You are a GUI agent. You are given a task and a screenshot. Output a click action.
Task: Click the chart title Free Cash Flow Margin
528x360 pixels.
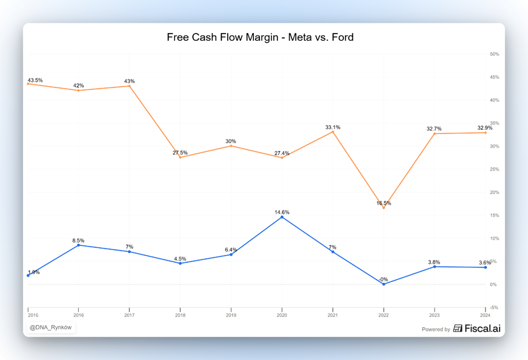pyautogui.click(x=260, y=37)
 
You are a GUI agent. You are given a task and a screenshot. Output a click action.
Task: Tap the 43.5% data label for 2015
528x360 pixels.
pyautogui.click(x=35, y=80)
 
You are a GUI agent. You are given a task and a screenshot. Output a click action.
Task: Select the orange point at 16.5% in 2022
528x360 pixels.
pyautogui.click(x=384, y=208)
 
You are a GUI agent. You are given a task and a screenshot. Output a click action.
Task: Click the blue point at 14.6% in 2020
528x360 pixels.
pyautogui.click(x=282, y=217)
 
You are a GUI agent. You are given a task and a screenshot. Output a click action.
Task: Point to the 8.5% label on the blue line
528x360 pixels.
pyautogui.click(x=78, y=240)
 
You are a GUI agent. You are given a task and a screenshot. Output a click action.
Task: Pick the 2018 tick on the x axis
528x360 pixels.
pyautogui.click(x=180, y=316)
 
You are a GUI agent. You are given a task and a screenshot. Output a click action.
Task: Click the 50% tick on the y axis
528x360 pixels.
pyautogui.click(x=494, y=54)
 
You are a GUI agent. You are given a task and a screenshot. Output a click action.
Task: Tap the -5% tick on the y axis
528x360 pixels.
pyautogui.click(x=494, y=307)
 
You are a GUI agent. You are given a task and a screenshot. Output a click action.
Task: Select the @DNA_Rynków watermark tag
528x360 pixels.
pyautogui.click(x=50, y=328)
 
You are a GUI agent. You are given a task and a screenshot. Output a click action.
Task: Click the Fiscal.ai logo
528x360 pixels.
pyautogui.click(x=477, y=329)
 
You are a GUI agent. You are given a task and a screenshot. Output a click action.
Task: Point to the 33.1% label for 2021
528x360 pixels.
pyautogui.click(x=333, y=127)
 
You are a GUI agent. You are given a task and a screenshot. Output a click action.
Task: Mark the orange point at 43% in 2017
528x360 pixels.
pyautogui.click(x=129, y=86)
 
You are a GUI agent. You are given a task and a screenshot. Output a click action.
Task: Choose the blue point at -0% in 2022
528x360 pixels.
pyautogui.click(x=384, y=284)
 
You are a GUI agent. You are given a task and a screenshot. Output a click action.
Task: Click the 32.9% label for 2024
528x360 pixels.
pyautogui.click(x=485, y=128)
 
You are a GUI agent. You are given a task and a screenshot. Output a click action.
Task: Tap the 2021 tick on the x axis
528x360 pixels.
pyautogui.click(x=333, y=316)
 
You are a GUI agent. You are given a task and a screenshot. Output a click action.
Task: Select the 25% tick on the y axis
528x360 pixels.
pyautogui.click(x=494, y=169)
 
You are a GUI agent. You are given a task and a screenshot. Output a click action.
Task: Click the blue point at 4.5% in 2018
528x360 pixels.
pyautogui.click(x=180, y=263)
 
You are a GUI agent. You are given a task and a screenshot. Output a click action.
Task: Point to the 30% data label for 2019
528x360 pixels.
pyautogui.click(x=230, y=141)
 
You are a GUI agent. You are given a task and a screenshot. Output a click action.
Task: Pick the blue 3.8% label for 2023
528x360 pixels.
pyautogui.click(x=434, y=262)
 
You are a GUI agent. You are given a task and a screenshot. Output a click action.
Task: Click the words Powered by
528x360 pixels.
pyautogui.click(x=436, y=329)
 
